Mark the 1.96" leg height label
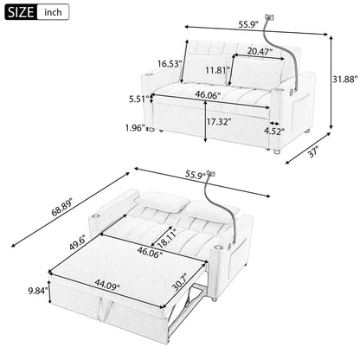click(x=134, y=130)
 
